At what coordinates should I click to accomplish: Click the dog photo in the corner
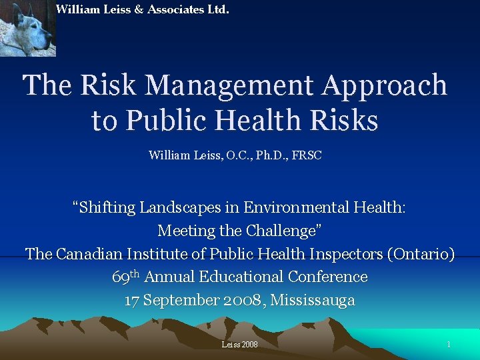(x=28, y=28)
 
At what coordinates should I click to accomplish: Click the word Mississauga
(x=313, y=300)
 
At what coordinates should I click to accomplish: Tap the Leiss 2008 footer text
(x=239, y=345)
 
